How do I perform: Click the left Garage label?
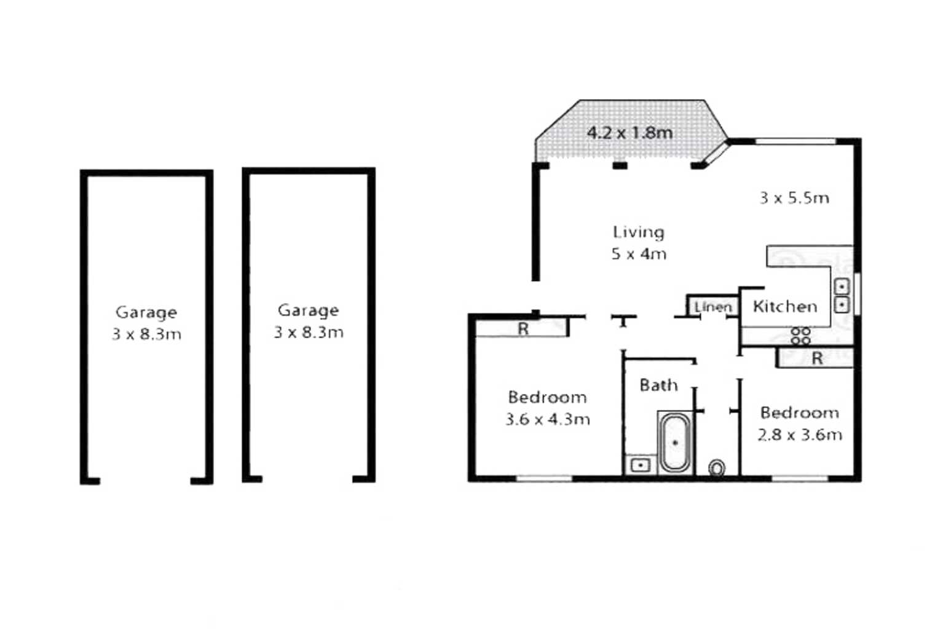[x=146, y=312]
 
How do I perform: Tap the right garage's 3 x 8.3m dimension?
[x=309, y=333]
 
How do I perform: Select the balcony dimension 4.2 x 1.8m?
[x=629, y=133]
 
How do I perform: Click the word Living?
[x=639, y=232]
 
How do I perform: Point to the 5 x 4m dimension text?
[x=639, y=255]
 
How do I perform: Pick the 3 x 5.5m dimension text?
[x=794, y=198]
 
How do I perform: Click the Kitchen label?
[x=785, y=306]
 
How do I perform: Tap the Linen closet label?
[x=713, y=307]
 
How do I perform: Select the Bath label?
[x=658, y=386]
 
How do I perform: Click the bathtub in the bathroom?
[x=675, y=443]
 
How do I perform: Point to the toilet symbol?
[x=717, y=468]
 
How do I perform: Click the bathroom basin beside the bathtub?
[x=641, y=465]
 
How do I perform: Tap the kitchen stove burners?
[x=800, y=336]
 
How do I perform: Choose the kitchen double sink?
[x=842, y=296]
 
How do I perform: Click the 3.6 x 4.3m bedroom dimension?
[x=547, y=419]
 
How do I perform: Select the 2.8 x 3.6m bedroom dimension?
[x=799, y=435]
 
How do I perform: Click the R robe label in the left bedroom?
[x=523, y=329]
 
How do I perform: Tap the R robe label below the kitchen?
[x=817, y=358]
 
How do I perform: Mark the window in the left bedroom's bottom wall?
[x=544, y=478]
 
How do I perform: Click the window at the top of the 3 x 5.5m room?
[x=795, y=142]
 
